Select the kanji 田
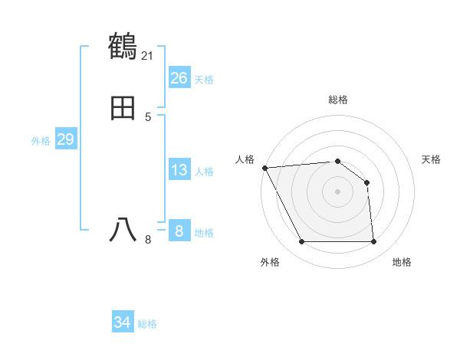click(x=123, y=109)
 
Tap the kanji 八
click(x=123, y=229)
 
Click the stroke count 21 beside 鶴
click(x=148, y=55)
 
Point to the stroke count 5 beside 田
click(x=148, y=116)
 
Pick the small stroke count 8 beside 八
click(x=148, y=240)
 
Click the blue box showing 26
click(x=179, y=78)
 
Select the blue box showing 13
click(x=179, y=170)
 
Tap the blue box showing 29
click(x=65, y=139)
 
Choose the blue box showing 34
click(x=123, y=322)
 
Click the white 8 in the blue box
click(x=179, y=231)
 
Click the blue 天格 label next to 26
click(x=204, y=80)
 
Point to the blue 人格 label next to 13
click(x=204, y=172)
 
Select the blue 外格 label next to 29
click(x=41, y=141)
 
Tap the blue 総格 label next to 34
click(x=147, y=324)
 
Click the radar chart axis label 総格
click(x=337, y=100)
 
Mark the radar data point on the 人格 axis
click(x=264, y=168)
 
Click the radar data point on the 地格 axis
click(x=373, y=242)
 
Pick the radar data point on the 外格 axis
click(x=301, y=242)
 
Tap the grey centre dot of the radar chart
click(x=337, y=191)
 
